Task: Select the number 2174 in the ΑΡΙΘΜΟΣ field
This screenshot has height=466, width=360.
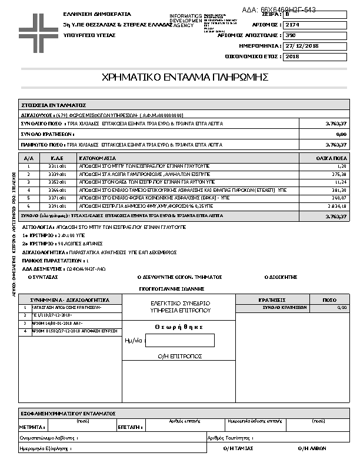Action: [x=291, y=25]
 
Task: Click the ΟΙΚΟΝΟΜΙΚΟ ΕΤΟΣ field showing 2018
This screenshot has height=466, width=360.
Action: [x=291, y=57]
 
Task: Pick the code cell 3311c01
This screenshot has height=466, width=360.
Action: [x=57, y=167]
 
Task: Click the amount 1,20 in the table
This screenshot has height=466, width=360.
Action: [x=341, y=167]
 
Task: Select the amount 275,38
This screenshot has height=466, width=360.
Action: [x=339, y=174]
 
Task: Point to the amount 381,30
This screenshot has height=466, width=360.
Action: [x=339, y=191]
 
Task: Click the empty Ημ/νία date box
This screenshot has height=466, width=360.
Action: [x=180, y=341]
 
